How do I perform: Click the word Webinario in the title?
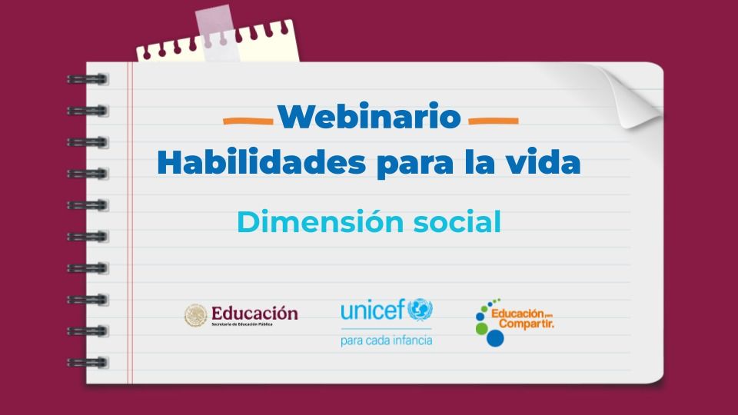point(369,117)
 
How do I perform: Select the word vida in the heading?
point(547,163)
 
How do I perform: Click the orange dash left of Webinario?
point(248,121)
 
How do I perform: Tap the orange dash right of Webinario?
point(493,121)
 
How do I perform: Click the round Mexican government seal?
point(196,315)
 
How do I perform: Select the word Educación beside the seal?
point(254,313)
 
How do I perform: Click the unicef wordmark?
point(372,311)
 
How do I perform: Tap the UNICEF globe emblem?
point(420,310)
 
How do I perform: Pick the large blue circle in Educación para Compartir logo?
point(495,337)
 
